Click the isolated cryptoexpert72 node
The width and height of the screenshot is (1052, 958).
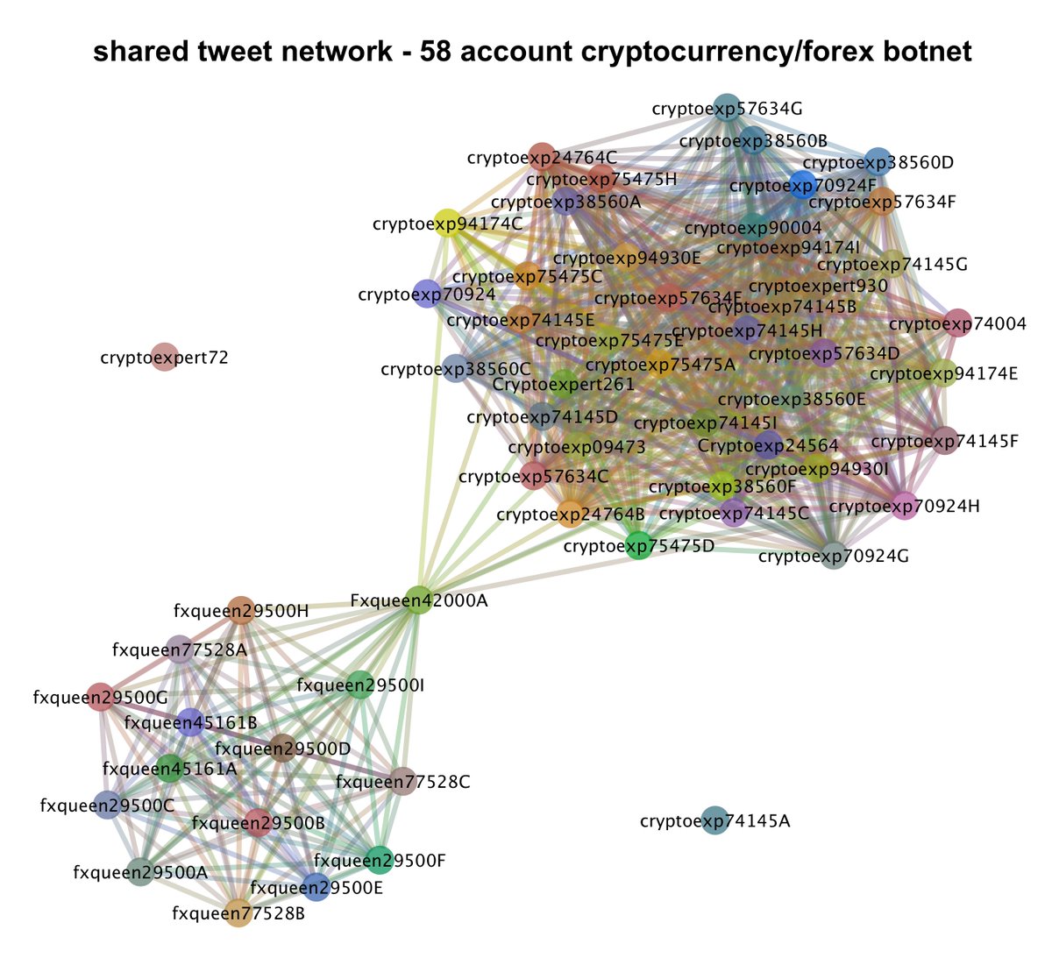point(164,357)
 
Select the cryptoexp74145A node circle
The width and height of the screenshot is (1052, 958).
point(715,820)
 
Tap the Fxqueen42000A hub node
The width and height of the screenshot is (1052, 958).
point(418,600)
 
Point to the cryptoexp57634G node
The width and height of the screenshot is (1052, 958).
point(727,108)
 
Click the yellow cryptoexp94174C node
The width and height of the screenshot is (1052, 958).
point(447,223)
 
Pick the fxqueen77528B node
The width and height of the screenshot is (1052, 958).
point(238,913)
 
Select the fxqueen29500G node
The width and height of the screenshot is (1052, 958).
point(101,697)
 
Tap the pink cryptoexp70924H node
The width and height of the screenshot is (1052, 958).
point(904,506)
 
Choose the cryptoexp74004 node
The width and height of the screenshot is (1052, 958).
point(958,323)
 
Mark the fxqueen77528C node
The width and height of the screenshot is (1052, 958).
point(402,781)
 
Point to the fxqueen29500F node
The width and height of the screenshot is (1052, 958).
point(378,860)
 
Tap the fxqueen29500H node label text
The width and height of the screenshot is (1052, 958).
point(241,610)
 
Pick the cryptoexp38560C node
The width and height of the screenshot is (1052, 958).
point(455,369)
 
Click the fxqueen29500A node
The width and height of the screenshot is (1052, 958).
point(139,871)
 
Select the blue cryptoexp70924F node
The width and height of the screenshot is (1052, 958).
point(802,185)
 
